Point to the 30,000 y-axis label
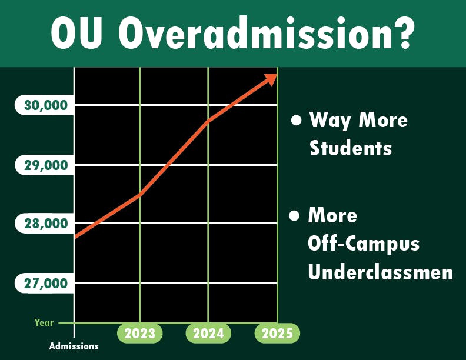pos(46,106)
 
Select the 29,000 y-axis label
pos(46,165)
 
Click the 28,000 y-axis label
pos(46,224)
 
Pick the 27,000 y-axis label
pos(46,283)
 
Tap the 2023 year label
pos(139,334)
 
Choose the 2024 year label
pos(208,334)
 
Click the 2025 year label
pos(277,334)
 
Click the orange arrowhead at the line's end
pos(271,79)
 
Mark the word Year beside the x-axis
pos(44,322)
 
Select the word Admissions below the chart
pos(74,346)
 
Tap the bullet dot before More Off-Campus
pos(295,215)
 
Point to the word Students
pos(351,148)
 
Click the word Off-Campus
pos(364,243)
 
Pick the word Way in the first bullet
pos(330,120)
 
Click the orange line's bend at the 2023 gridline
pos(139,195)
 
